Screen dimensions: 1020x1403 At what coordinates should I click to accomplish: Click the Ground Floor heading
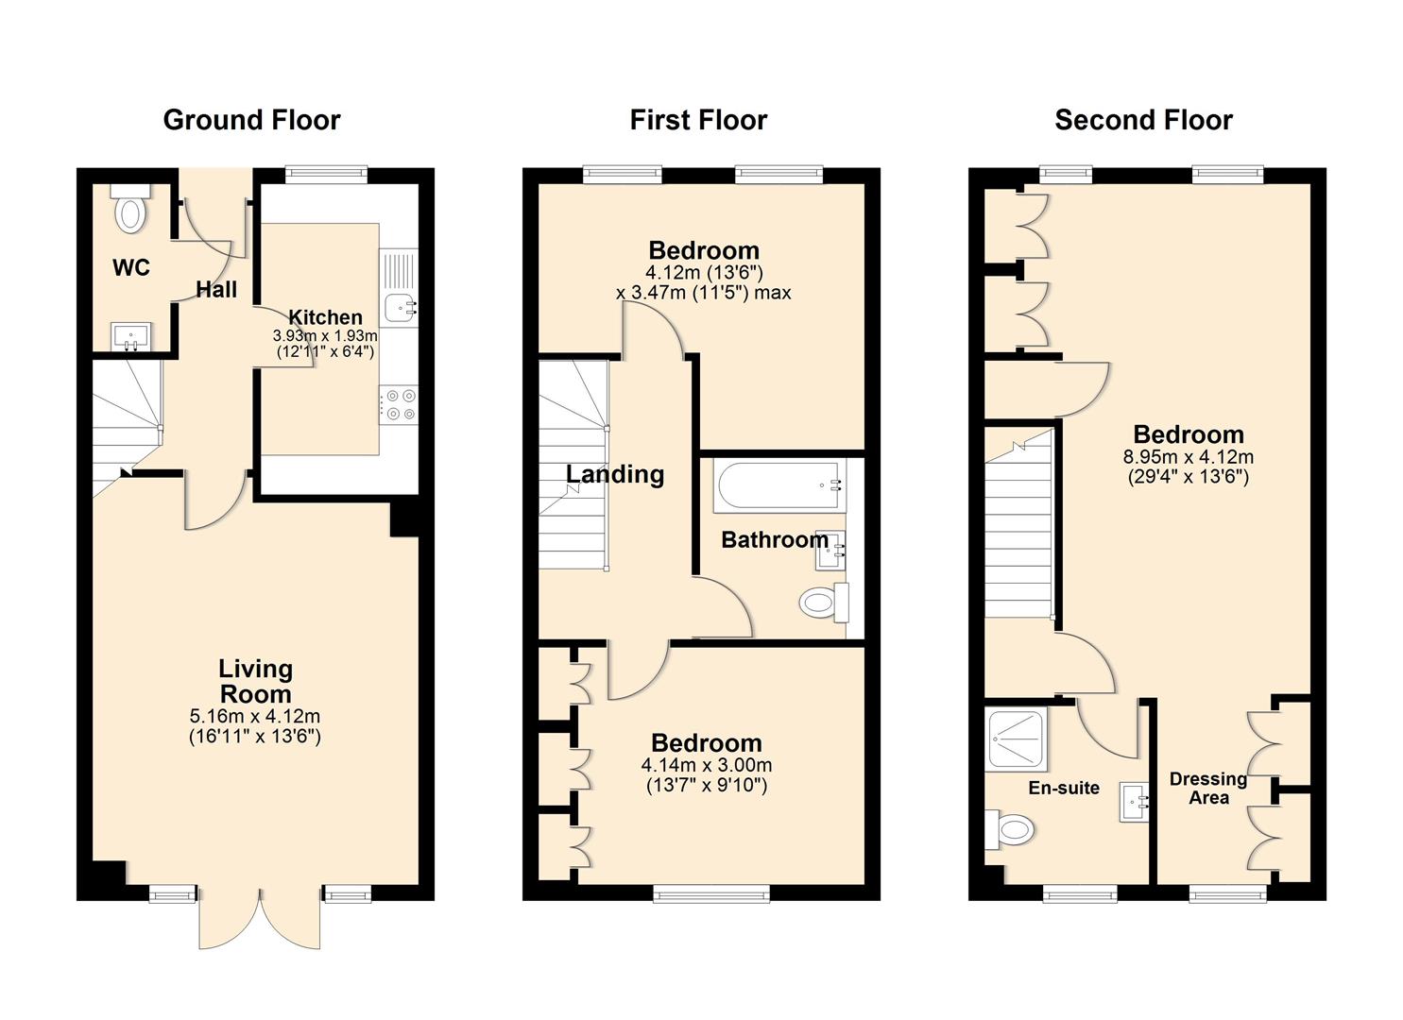tap(251, 120)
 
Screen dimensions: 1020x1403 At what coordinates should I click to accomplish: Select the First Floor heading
tap(698, 120)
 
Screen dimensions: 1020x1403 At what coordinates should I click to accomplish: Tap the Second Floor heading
tap(1143, 120)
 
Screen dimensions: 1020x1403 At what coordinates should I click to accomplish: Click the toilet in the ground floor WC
tap(129, 210)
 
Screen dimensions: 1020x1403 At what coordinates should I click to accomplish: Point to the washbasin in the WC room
tap(130, 335)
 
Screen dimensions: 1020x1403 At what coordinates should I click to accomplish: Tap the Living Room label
tap(255, 681)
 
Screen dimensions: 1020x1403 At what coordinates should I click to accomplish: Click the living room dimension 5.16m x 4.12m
tap(255, 717)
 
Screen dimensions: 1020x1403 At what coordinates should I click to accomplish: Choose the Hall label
tap(216, 290)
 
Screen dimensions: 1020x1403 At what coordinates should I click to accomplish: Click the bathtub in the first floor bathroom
tap(780, 486)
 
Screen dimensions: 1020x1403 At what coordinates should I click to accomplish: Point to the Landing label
tap(615, 474)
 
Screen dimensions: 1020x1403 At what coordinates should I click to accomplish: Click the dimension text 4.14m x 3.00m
tap(706, 765)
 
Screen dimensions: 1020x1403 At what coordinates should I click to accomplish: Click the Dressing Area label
tap(1208, 788)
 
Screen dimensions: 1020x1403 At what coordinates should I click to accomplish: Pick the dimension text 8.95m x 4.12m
tap(1188, 457)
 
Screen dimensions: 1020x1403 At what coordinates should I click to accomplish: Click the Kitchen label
tap(325, 317)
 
